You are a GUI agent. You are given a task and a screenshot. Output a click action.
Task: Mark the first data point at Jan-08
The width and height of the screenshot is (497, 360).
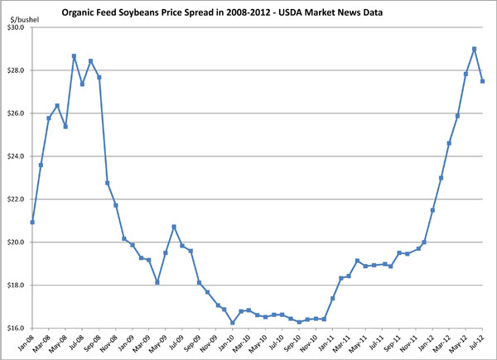pos(32,222)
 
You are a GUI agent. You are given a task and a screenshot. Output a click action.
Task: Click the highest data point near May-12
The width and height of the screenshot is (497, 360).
pos(474,49)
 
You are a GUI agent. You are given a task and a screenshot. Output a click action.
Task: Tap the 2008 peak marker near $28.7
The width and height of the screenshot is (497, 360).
pos(74,56)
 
